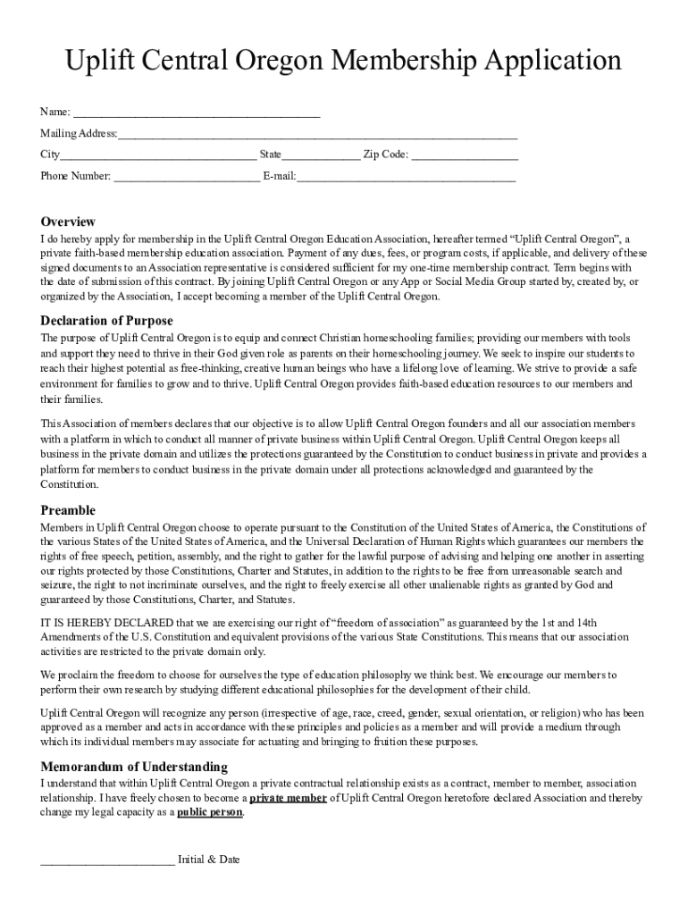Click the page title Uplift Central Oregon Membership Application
coord(344,61)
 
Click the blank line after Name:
coord(196,113)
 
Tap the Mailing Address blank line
coord(317,136)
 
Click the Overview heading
coord(68,222)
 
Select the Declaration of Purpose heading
coord(107,321)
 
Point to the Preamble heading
coord(68,510)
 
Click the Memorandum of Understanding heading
coord(134,767)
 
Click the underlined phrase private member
coord(288,798)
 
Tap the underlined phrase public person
coord(210,812)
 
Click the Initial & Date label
coord(209,860)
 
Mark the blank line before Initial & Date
coord(107,861)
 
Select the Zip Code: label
coord(385,155)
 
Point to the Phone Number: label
coord(76,176)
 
